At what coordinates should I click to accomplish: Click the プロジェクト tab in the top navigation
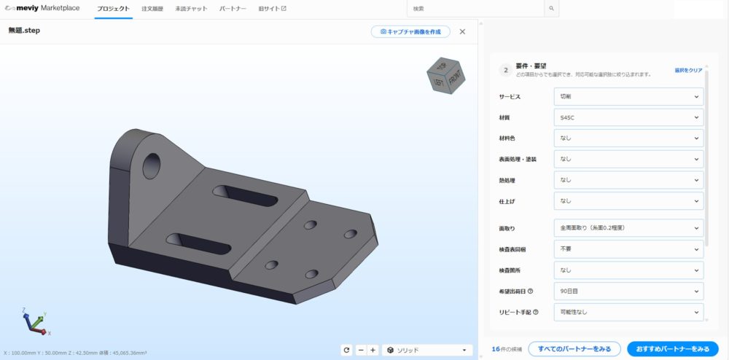click(113, 9)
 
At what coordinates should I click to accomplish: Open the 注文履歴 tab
click(152, 9)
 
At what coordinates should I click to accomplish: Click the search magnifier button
click(552, 9)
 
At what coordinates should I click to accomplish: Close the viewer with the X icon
click(462, 31)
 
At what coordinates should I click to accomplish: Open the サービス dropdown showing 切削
click(628, 96)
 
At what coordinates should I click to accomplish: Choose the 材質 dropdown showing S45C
click(628, 117)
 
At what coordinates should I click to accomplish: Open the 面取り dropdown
click(628, 228)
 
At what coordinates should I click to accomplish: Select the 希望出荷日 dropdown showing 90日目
click(628, 291)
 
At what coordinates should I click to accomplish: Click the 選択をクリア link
click(688, 71)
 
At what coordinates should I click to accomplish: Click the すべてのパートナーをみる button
click(574, 349)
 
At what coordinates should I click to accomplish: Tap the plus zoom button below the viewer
click(373, 350)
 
